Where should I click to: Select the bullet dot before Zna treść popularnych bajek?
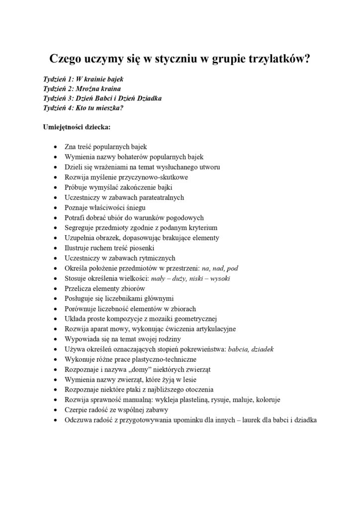[x=54, y=147]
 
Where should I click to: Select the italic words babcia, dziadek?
[x=250, y=349]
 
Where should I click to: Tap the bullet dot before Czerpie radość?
[x=54, y=410]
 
